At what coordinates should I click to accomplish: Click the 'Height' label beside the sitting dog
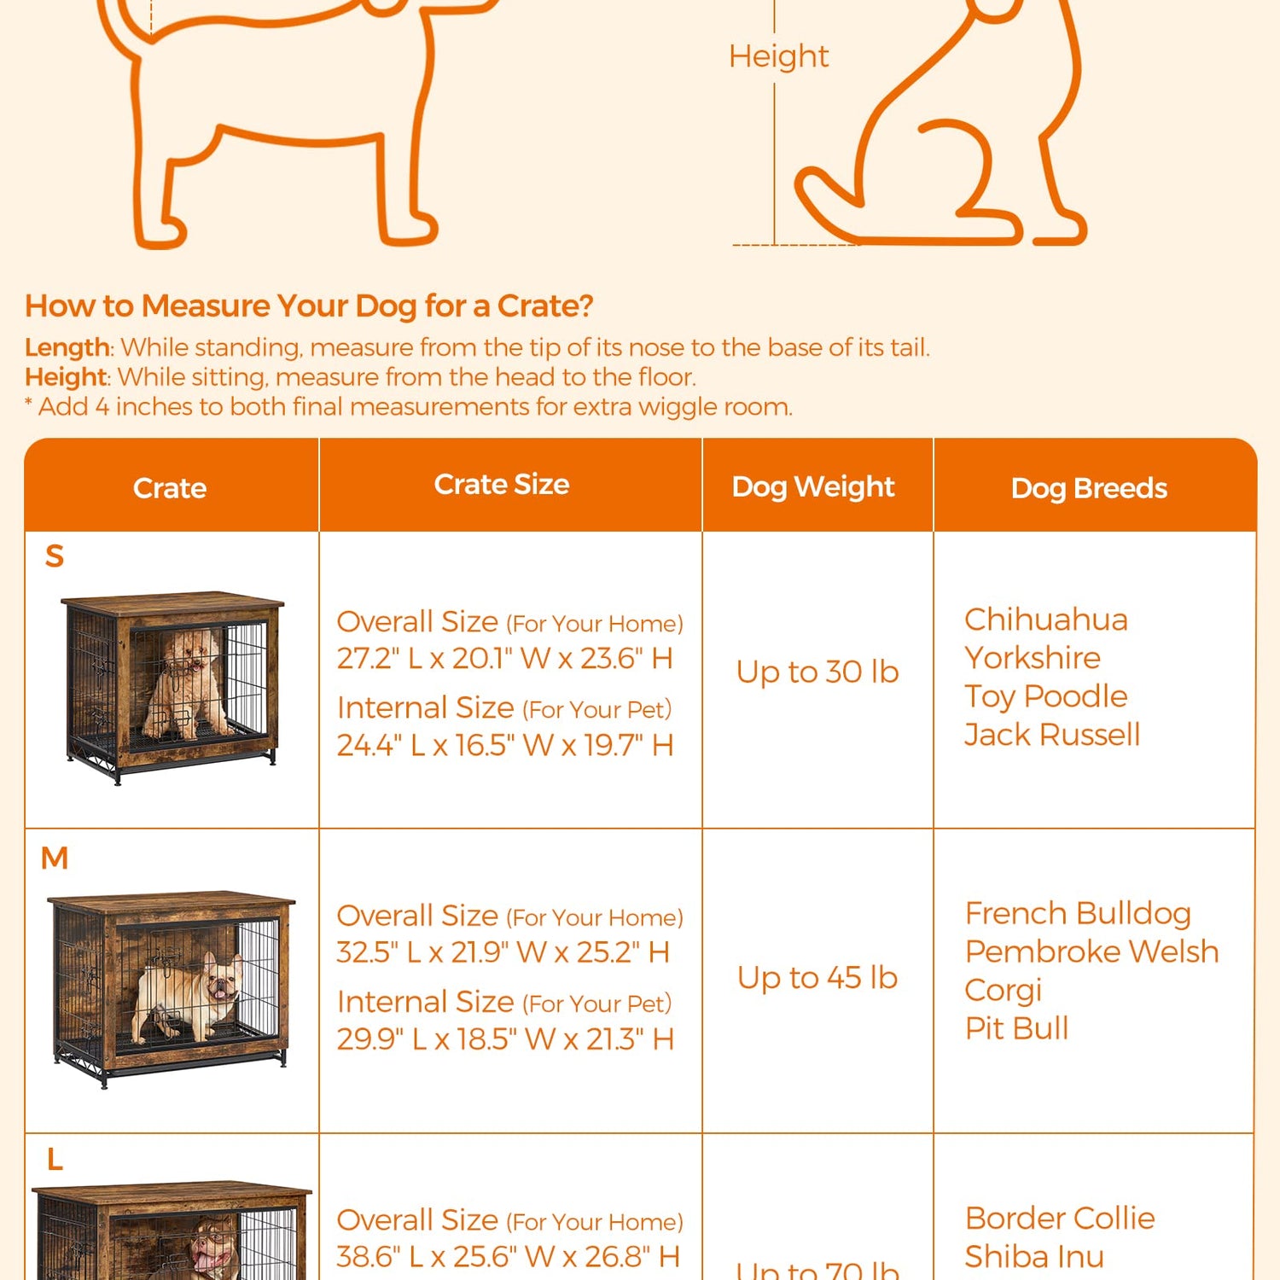pyautogui.click(x=777, y=56)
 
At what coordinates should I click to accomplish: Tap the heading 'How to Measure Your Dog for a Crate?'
pyautogui.click(x=309, y=305)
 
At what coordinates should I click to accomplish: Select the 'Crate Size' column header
pyautogui.click(x=502, y=484)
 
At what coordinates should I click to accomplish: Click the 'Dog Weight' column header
pyautogui.click(x=812, y=486)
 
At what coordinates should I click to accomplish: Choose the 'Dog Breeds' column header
pyautogui.click(x=1088, y=488)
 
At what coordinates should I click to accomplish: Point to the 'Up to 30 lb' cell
pyautogui.click(x=817, y=672)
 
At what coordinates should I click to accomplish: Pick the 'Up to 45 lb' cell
pyautogui.click(x=817, y=978)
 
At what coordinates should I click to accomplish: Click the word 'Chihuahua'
pyautogui.click(x=1045, y=620)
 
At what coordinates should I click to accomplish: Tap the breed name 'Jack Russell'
pyautogui.click(x=1051, y=735)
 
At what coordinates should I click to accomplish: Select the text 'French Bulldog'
pyautogui.click(x=1078, y=913)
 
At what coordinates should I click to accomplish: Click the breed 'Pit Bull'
pyautogui.click(x=1016, y=1028)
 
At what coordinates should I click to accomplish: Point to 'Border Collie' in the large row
pyautogui.click(x=1060, y=1218)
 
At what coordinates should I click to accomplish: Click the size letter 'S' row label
pyautogui.click(x=55, y=556)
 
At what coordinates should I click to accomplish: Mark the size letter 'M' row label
pyautogui.click(x=55, y=858)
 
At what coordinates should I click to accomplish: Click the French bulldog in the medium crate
pyautogui.click(x=192, y=994)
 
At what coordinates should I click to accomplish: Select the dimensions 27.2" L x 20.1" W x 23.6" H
pyautogui.click(x=504, y=659)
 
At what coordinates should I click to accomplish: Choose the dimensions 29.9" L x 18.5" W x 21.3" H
pyautogui.click(x=505, y=1039)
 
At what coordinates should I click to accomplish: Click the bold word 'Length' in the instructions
pyautogui.click(x=67, y=347)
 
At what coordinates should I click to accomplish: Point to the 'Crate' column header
pyautogui.click(x=170, y=488)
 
